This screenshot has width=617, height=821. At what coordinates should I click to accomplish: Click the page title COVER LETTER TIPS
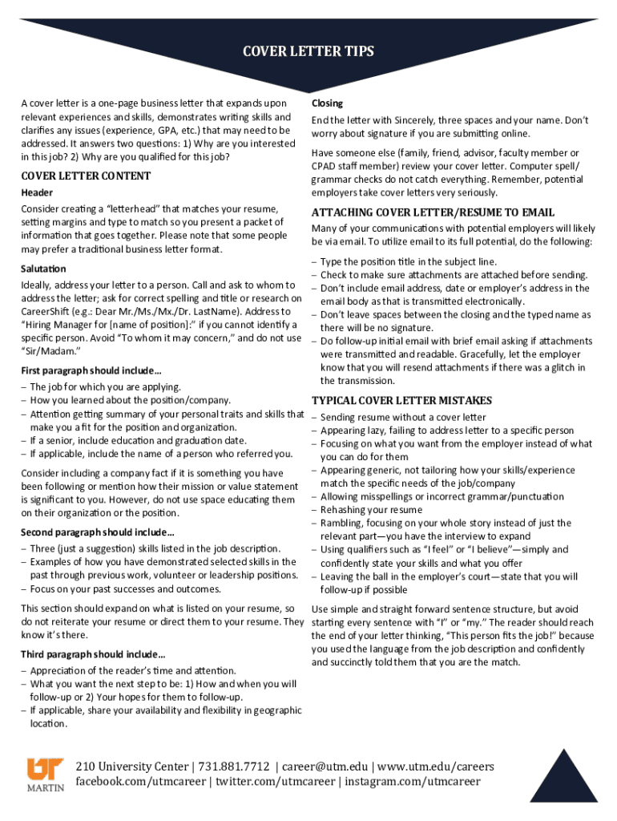[x=308, y=53]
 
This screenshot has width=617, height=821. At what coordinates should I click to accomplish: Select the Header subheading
[x=37, y=192]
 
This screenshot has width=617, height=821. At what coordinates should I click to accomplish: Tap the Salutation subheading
[x=44, y=269]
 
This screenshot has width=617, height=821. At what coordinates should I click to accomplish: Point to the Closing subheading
[x=327, y=103]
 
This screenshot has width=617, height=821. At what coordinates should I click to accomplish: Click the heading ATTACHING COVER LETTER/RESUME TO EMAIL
[x=433, y=212]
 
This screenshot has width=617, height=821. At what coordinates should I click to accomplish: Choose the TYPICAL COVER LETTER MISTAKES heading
[x=401, y=400]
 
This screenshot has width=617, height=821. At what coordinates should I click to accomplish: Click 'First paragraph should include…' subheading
[x=91, y=370]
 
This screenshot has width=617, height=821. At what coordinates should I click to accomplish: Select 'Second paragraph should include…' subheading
[x=98, y=532]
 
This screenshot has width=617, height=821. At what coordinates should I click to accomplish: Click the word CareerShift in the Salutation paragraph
[x=50, y=311]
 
